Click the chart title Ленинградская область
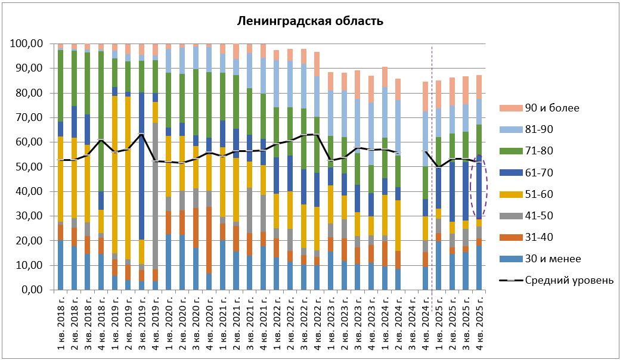tap(310, 21)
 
